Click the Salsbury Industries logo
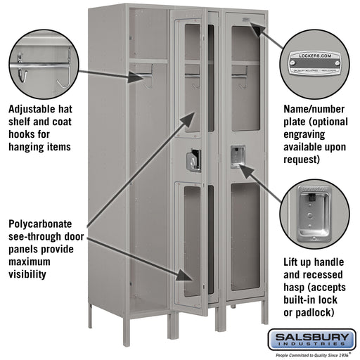[314, 340]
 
